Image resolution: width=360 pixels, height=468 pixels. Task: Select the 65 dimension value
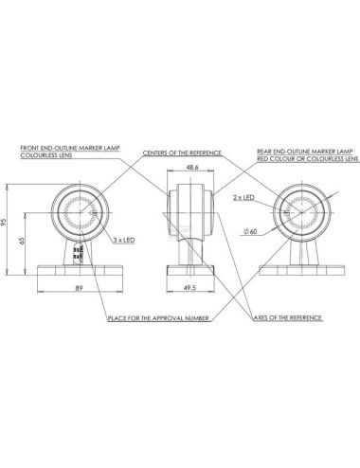coord(22,241)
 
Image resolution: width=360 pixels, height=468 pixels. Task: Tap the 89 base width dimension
coord(79,288)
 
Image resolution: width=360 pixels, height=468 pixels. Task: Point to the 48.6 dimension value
coord(192,168)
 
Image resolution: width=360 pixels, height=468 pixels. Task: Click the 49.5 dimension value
coord(191,288)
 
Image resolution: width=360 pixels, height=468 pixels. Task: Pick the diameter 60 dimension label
coord(250,232)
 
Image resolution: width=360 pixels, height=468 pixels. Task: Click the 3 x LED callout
coord(124,241)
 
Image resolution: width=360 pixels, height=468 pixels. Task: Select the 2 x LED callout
coord(243,198)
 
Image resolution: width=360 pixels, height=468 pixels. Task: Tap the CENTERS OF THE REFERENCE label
coord(182,153)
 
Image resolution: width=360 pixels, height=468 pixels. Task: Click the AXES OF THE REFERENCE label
coord(288,317)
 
